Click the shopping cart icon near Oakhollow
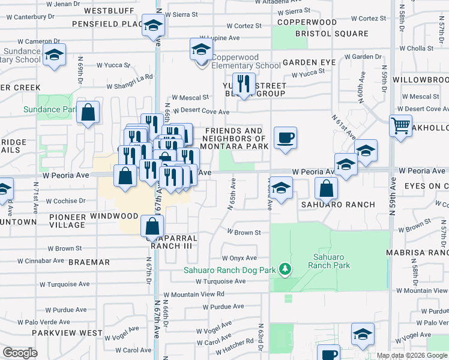click(x=400, y=127)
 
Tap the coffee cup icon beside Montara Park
click(x=285, y=137)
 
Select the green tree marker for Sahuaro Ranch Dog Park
click(x=286, y=269)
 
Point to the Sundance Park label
click(x=50, y=109)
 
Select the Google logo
click(x=20, y=353)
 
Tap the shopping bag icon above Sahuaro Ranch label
click(x=325, y=188)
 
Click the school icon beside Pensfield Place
click(x=153, y=25)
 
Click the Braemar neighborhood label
click(x=89, y=262)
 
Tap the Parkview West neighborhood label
click(x=67, y=332)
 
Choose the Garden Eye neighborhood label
click(x=309, y=62)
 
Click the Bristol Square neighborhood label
click(x=331, y=34)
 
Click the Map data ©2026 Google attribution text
click(x=411, y=355)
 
